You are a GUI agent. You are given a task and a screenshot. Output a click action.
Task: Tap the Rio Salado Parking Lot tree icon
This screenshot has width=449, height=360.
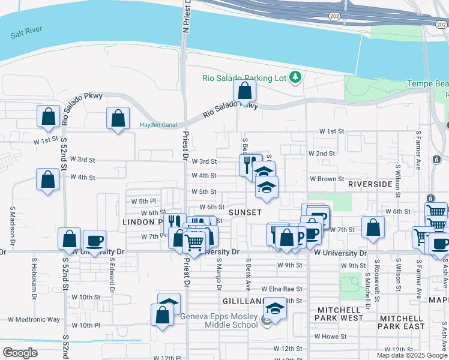[x=295, y=77]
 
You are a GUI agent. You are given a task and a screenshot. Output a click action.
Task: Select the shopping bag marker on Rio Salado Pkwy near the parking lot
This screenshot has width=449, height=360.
[x=244, y=91]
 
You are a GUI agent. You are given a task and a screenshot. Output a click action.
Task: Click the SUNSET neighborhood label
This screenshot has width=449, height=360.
[x=245, y=212]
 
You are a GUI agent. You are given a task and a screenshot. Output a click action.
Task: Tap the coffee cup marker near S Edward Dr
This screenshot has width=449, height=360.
[x=94, y=241]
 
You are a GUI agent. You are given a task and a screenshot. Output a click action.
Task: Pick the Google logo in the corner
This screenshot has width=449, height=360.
[x=20, y=353]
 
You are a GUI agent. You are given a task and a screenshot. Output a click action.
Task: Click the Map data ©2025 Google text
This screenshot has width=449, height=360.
[x=412, y=355]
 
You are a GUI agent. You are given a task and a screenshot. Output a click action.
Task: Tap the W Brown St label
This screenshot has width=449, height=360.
[x=327, y=179]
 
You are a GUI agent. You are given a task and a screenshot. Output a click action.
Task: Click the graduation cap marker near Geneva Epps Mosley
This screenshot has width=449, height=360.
[x=275, y=310]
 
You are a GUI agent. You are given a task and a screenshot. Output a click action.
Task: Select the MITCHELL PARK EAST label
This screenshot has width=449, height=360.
[x=402, y=322]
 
